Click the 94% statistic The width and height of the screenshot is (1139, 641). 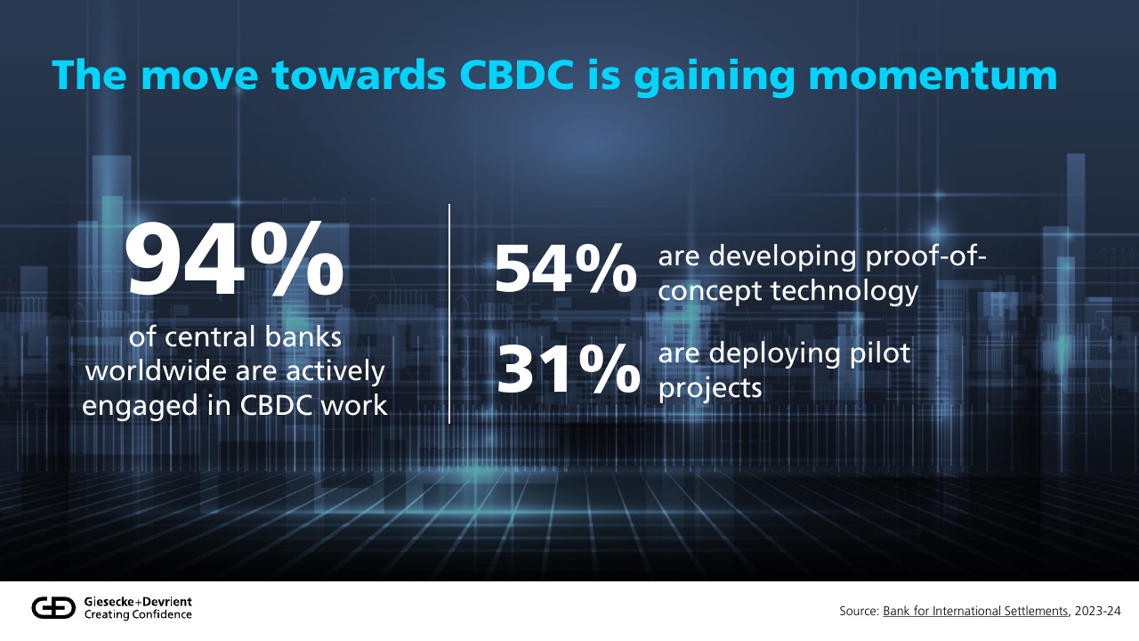[234, 258]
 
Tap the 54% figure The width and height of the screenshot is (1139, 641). [565, 268]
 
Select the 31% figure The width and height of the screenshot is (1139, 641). [568, 369]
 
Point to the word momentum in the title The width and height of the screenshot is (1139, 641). [933, 77]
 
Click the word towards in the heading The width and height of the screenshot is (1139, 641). [359, 76]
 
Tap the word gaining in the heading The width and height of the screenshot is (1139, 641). [714, 77]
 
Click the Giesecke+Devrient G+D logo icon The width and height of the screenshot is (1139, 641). [53, 608]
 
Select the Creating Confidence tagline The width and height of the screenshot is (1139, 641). [138, 614]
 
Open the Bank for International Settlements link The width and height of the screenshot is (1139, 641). [975, 611]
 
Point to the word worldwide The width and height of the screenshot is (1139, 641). [157, 371]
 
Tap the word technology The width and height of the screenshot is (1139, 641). [844, 292]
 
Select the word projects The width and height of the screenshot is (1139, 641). [710, 388]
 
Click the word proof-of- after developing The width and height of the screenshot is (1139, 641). [926, 256]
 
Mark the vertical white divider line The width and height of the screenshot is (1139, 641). [449, 314]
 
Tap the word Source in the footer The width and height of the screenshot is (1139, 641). [860, 611]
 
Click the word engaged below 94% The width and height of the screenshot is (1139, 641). [140, 407]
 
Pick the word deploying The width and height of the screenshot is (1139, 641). [774, 354]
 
